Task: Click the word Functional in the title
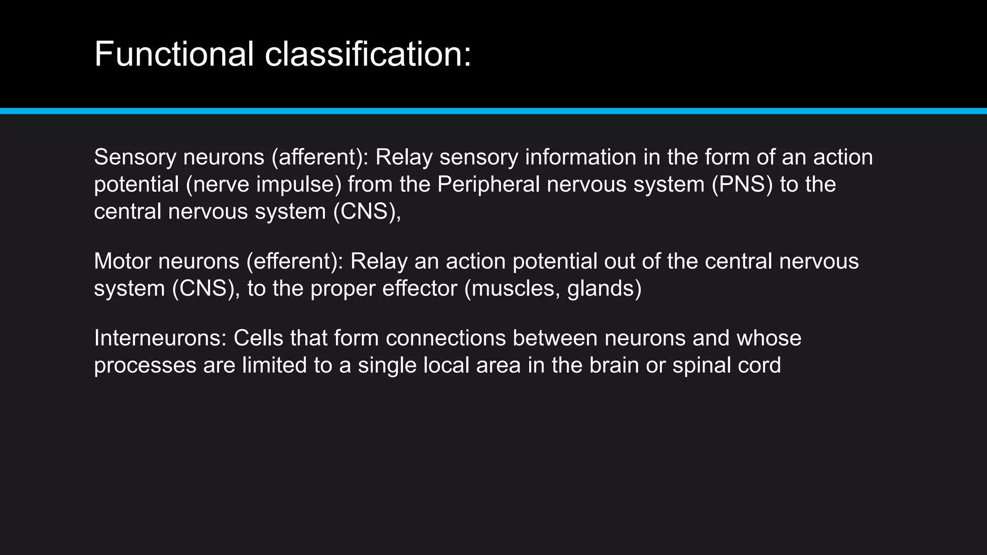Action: click(174, 54)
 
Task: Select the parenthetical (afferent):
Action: click(320, 158)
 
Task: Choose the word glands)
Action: click(604, 289)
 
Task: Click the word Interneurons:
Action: click(160, 338)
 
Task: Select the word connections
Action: click(445, 338)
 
